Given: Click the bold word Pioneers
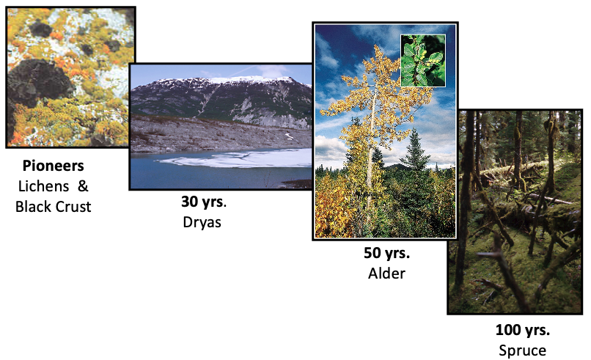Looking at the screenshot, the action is point(53,166).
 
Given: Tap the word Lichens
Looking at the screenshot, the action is point(43,186).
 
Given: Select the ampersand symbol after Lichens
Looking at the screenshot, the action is point(83,186).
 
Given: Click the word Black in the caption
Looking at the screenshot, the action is point(33,207).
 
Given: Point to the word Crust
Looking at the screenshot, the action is point(73,207).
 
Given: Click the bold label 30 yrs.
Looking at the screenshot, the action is point(204,202).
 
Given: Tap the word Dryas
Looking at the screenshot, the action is point(202,222).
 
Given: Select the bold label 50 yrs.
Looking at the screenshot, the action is point(386,253).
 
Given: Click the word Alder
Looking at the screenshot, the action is point(386,273).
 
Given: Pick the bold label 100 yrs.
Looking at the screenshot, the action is point(522,330).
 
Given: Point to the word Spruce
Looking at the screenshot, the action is point(522,350).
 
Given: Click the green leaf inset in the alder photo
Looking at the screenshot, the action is point(423,61).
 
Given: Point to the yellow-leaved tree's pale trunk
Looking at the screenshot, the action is point(371,151).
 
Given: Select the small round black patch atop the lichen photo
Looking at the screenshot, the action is point(41,29).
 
